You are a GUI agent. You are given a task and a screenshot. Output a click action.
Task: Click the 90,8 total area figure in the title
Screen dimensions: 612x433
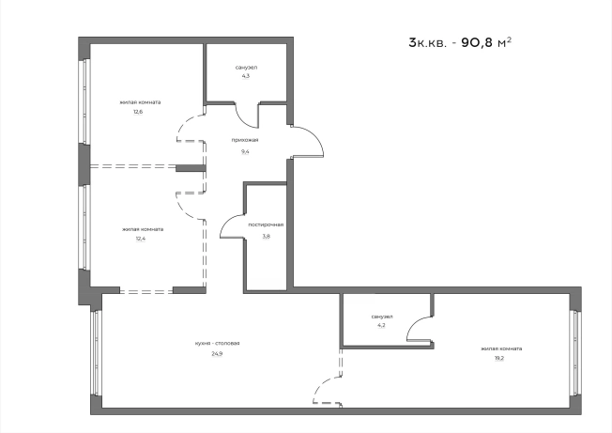pos(478,42)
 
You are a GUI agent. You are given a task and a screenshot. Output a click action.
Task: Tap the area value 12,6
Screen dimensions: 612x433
pos(138,112)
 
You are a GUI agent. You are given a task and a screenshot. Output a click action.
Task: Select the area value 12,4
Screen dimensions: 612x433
pos(141,239)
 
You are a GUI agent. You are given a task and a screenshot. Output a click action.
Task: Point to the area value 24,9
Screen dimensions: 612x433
pos(217,354)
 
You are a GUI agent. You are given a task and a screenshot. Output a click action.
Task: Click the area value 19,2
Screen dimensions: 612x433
pos(499,358)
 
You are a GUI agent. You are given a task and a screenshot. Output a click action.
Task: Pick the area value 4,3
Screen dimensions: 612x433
pos(246,76)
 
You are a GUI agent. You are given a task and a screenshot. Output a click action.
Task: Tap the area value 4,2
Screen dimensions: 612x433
pos(381,325)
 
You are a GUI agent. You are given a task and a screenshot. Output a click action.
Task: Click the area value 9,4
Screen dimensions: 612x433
pos(245,151)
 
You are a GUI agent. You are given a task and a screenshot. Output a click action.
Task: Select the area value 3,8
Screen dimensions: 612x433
pos(266,236)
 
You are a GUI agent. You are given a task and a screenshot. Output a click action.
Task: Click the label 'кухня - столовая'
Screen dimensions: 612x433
pos(217,344)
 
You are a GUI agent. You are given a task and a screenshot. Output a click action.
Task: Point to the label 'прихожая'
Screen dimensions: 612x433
pos(245,140)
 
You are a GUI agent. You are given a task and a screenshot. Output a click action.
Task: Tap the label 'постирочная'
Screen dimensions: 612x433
pos(266,224)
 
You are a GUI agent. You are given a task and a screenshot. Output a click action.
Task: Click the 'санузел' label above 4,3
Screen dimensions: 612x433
pos(246,68)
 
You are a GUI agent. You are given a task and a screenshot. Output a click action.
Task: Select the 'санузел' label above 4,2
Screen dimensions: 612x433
pos(382,317)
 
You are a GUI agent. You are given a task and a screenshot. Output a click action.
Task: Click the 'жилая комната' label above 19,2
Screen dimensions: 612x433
pos(501,348)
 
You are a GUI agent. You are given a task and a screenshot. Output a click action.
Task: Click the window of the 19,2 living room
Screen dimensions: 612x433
pos(574,352)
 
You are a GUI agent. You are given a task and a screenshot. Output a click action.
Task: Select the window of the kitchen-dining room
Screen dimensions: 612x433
pos(96,352)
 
